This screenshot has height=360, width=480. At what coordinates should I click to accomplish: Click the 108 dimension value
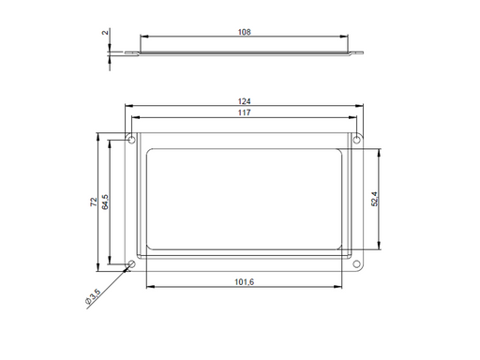(244, 32)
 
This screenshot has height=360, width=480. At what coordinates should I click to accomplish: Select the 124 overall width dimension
(244, 100)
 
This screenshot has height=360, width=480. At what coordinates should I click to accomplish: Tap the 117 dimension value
(244, 112)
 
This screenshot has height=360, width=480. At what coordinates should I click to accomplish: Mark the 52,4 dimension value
(375, 199)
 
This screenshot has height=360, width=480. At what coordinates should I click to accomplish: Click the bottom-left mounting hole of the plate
(131, 263)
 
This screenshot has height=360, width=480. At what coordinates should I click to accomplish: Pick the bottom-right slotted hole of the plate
(356, 263)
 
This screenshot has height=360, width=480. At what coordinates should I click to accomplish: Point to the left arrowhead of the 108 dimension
(143, 37)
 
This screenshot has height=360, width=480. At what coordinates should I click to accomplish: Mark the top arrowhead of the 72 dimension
(97, 137)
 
